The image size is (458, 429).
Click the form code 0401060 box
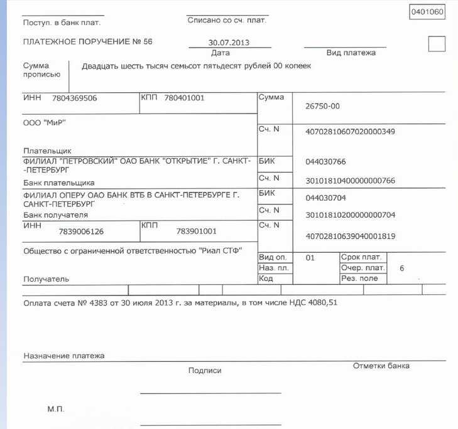427,13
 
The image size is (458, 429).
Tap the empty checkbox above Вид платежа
436,44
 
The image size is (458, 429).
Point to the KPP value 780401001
184,98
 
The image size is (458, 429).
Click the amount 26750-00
322,106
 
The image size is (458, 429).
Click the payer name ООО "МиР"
44,122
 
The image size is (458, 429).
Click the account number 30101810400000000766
350,181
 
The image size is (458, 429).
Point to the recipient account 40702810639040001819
350,236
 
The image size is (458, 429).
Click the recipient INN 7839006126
81,231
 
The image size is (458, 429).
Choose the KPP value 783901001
197,231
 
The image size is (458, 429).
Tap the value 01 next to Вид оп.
309,258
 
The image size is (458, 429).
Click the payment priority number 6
401,268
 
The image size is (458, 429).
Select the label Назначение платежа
64,356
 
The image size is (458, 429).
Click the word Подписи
205,371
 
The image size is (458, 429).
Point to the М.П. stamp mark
55,409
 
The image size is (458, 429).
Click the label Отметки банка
381,366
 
